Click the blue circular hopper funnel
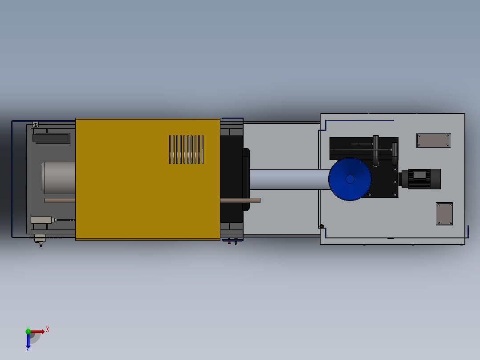click(350, 179)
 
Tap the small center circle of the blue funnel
click(350, 179)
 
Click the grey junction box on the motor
click(419, 175)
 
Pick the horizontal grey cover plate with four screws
click(433, 140)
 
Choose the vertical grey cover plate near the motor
click(444, 214)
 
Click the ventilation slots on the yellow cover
click(186, 149)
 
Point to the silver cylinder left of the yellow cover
click(58, 178)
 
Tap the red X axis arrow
click(38, 331)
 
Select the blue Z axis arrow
click(28, 341)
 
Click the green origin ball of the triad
click(28, 331)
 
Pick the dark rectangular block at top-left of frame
click(51, 138)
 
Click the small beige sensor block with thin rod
click(41, 220)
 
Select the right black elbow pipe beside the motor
click(395, 154)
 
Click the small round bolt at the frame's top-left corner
click(36, 125)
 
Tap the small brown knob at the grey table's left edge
click(321, 226)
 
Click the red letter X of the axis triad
click(48, 329)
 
